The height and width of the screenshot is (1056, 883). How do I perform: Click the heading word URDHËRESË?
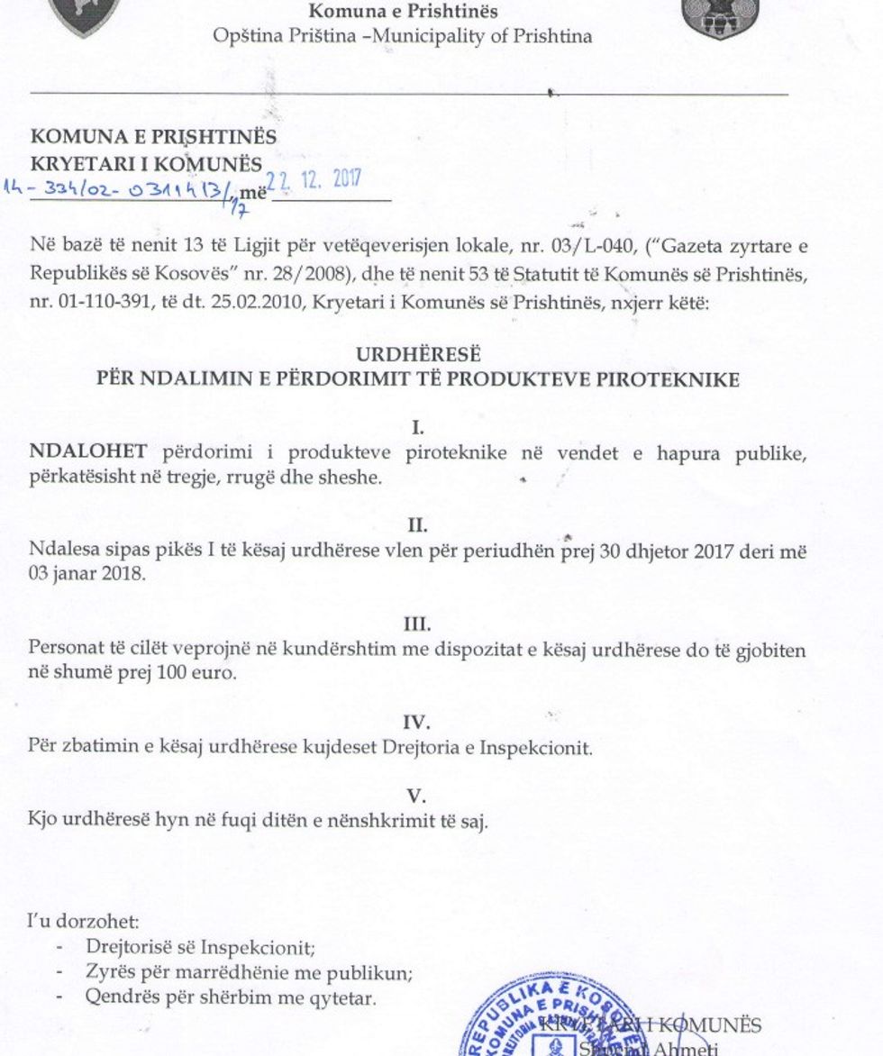pos(418,355)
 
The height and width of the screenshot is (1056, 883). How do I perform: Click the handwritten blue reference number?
pos(122,190)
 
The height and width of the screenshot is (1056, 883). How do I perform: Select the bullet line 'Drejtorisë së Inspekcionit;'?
pos(200,948)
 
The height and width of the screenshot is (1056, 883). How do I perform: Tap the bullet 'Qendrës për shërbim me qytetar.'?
pos(230,997)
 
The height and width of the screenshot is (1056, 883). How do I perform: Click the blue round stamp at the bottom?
pos(523,1023)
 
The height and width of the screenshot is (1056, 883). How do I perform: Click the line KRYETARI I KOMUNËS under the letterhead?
pos(147,164)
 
